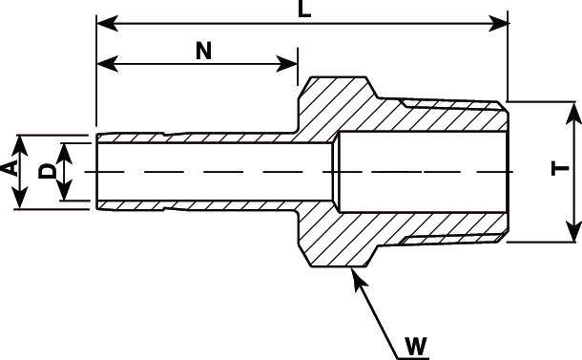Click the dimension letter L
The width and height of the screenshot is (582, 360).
pyautogui.click(x=303, y=10)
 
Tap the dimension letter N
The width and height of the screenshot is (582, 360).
pyautogui.click(x=202, y=51)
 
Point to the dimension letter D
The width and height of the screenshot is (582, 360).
pyautogui.click(x=45, y=171)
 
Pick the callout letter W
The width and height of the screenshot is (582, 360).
pyautogui.click(x=414, y=346)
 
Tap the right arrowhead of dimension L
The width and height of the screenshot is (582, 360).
pyautogui.click(x=499, y=20)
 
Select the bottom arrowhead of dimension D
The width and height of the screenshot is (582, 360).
pyautogui.click(x=65, y=192)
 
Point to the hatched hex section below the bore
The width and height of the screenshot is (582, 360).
pyautogui.click(x=343, y=234)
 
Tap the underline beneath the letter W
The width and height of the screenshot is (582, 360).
pyautogui.click(x=410, y=356)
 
